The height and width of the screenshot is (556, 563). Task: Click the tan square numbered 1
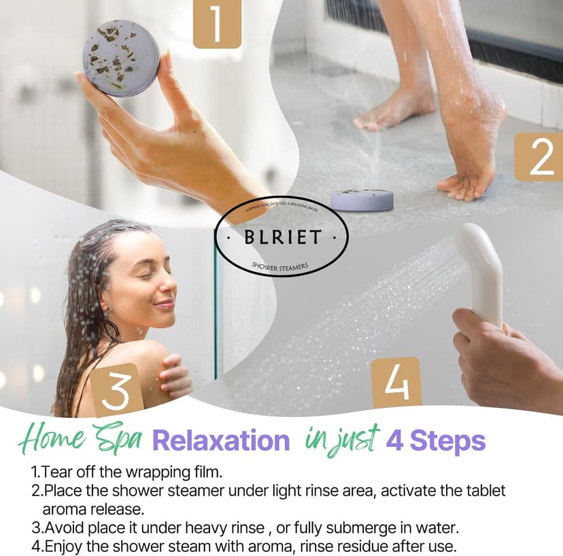217,24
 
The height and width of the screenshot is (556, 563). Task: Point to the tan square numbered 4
396,382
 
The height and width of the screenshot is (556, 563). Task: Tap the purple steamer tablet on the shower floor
362,199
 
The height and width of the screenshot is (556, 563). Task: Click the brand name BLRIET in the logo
281,239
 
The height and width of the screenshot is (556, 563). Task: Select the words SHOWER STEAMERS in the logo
281,265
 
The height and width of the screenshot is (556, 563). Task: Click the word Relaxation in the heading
221,441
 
